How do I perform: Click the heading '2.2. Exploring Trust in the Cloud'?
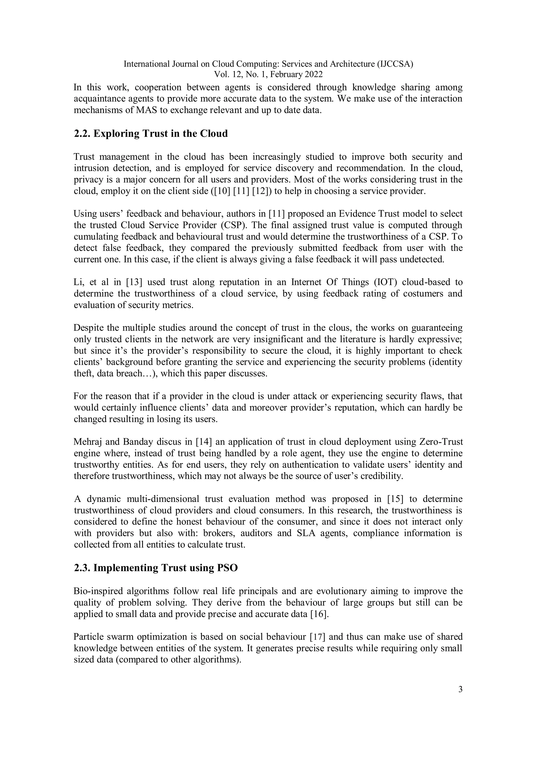point(151,134)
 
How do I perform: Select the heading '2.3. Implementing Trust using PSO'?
point(156,568)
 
